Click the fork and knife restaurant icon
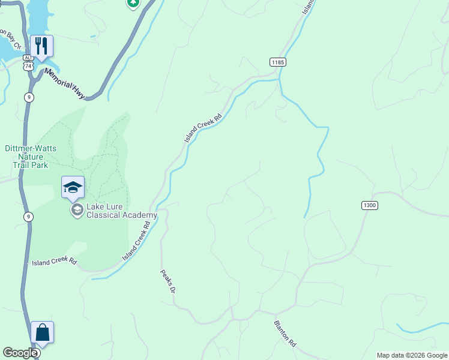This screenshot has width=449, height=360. coord(42,46)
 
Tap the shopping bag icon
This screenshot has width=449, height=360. coord(42,332)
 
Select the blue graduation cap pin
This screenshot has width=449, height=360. coord(73,187)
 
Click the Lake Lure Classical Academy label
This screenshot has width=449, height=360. coord(122,211)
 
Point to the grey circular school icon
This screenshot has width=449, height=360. coord(77,209)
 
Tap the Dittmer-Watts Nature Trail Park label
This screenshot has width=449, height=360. coord(31,156)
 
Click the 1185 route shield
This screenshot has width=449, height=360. coord(277,62)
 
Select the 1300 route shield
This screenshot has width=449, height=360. coord(370,205)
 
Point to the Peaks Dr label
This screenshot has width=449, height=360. coord(167,281)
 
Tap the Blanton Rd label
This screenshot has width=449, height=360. coord(285,334)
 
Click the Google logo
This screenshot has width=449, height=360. coord(20,353)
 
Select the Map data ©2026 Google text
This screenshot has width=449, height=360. coord(412,355)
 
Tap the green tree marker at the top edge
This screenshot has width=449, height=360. coord(133,3)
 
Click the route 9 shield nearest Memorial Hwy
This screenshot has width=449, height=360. coord(29,97)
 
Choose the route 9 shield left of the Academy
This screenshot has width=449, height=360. coord(28,217)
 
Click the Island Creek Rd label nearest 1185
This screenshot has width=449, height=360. coord(203,128)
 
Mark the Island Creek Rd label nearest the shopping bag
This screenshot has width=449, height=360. coord(55,262)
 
